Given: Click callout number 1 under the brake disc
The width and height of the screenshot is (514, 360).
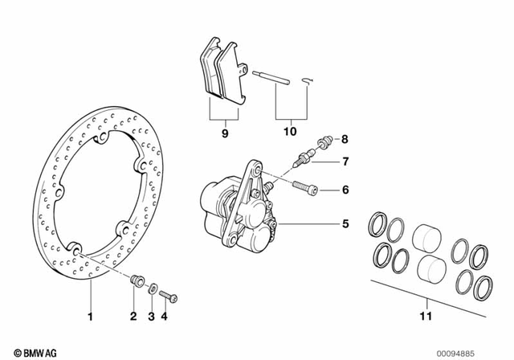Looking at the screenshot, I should pyautogui.click(x=90, y=316).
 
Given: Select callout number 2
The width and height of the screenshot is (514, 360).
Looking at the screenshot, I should pyautogui.click(x=133, y=316).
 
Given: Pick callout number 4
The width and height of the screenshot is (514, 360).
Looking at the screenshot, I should pyautogui.click(x=165, y=316).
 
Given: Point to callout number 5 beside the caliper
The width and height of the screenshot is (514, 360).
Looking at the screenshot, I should pyautogui.click(x=345, y=224).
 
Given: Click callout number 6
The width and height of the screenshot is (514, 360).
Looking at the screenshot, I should pyautogui.click(x=345, y=190).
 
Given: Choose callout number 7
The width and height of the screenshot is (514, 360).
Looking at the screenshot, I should pyautogui.click(x=345, y=162).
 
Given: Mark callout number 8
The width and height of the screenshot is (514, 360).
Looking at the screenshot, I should pyautogui.click(x=345, y=138).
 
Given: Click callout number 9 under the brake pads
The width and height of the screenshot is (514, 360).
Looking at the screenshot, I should pyautogui.click(x=225, y=131).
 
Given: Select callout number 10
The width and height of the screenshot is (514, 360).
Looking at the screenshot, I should pyautogui.click(x=289, y=131).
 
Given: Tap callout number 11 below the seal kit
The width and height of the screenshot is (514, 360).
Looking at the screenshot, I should pyautogui.click(x=426, y=317).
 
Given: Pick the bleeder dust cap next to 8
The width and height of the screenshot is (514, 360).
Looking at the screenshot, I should pyautogui.click(x=326, y=141).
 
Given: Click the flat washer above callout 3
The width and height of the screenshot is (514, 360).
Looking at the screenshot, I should pyautogui.click(x=153, y=288).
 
